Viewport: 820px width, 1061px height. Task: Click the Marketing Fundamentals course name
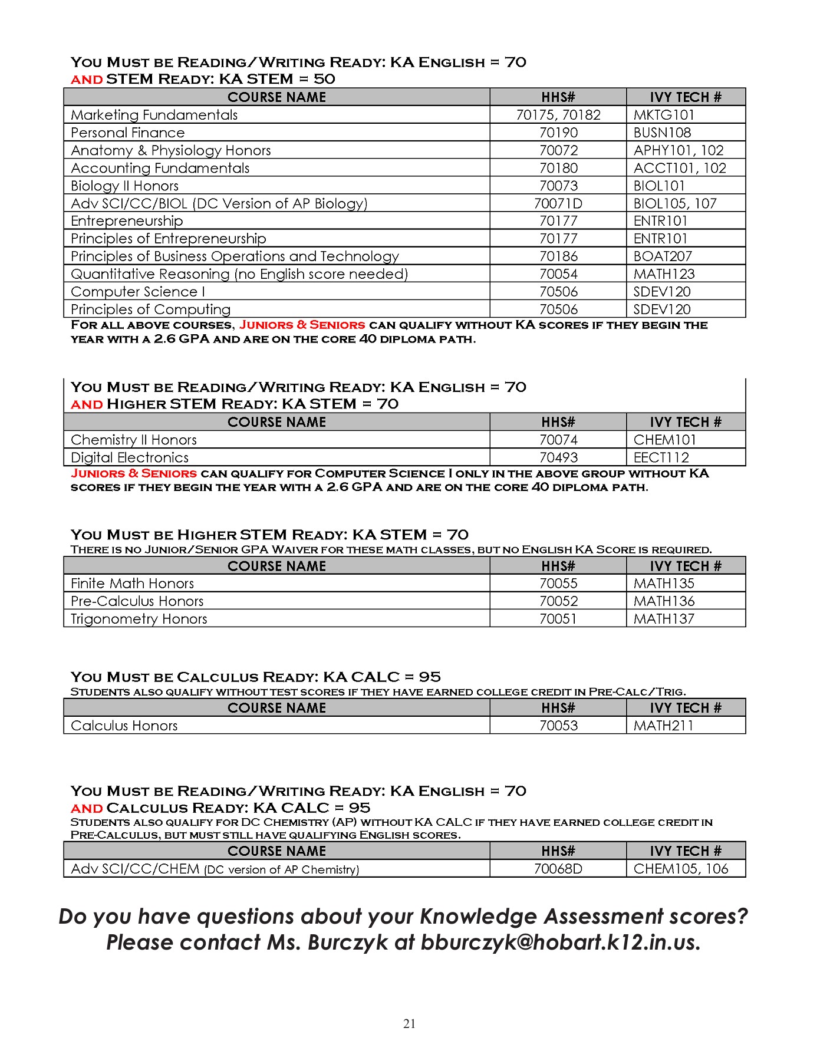(154, 115)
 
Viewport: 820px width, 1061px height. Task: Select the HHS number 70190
(558, 133)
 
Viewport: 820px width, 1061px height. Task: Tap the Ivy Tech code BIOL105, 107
(674, 203)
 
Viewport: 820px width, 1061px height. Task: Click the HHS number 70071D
(558, 203)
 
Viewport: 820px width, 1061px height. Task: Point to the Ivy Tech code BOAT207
(662, 256)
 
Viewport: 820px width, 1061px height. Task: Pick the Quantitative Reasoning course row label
(239, 274)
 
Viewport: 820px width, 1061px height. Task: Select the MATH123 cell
(664, 274)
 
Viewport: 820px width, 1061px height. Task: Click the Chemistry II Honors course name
(133, 440)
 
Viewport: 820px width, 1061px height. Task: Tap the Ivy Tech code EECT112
(661, 457)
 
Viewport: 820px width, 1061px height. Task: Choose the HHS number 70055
(558, 584)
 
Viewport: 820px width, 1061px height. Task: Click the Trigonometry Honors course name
(139, 619)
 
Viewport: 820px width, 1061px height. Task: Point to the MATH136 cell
(664, 601)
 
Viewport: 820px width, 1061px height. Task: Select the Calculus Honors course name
(124, 726)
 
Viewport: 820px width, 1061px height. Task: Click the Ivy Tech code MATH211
(663, 726)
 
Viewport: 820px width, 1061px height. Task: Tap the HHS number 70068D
(558, 869)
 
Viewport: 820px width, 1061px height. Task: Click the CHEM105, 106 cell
(680, 869)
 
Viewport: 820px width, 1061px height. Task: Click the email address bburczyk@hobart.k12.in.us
(559, 943)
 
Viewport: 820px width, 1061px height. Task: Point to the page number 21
(410, 1024)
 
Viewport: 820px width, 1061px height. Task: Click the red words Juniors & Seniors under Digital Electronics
(134, 473)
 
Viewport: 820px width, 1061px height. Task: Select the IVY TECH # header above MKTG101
(685, 97)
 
